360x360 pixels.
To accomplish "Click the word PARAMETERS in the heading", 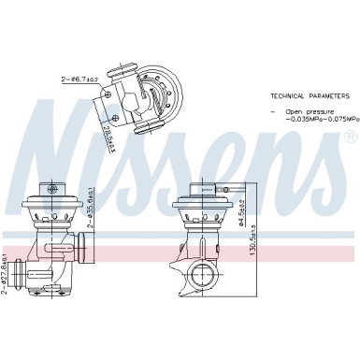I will (x=324, y=96).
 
